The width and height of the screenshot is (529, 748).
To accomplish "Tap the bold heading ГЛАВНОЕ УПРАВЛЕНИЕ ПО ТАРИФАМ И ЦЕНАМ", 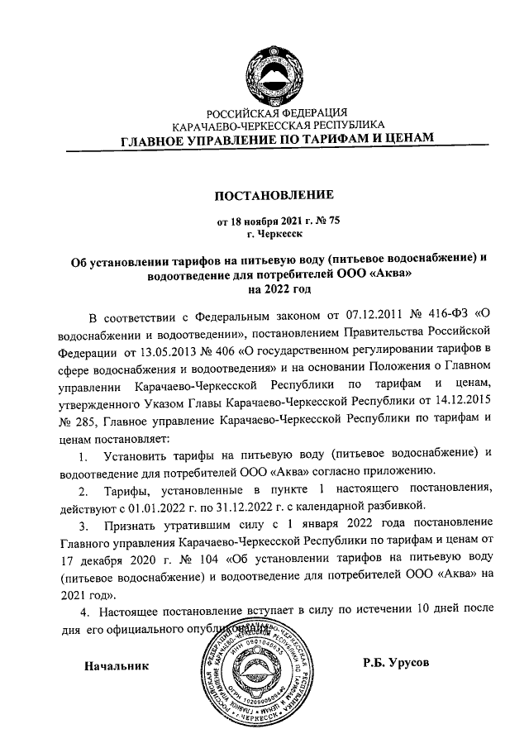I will (277, 141).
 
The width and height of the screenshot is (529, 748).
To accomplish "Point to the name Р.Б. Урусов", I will (397, 663).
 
